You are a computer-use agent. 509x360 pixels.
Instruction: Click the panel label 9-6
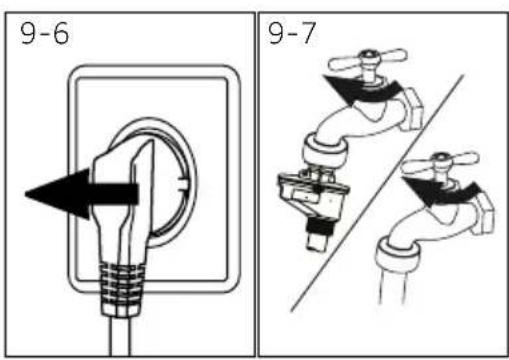click(x=45, y=33)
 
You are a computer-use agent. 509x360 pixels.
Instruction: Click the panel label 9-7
click(x=292, y=33)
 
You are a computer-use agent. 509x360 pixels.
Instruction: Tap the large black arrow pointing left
click(x=81, y=194)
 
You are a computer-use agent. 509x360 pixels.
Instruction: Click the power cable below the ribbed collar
click(x=120, y=336)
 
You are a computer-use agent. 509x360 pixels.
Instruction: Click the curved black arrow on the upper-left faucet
click(x=363, y=89)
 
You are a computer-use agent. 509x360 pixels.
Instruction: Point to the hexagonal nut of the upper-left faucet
click(x=412, y=109)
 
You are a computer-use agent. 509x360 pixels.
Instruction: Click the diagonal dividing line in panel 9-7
click(x=377, y=193)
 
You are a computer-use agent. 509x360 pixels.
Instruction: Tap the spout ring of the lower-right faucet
click(x=397, y=253)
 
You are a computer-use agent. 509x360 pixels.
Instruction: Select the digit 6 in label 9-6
click(x=61, y=34)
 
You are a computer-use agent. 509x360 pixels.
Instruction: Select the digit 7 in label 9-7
click(x=308, y=33)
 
